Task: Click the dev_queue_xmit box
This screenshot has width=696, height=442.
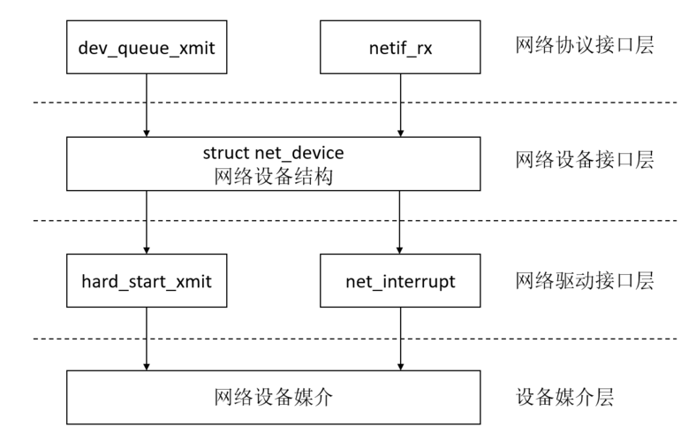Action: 147,47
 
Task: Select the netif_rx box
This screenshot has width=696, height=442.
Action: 400,47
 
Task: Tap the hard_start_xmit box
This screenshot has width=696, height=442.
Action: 147,281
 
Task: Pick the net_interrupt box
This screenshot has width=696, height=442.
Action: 400,281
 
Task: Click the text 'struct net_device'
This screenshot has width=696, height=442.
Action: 273,153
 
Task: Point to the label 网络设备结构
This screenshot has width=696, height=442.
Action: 273,176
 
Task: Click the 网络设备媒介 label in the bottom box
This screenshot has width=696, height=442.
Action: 273,397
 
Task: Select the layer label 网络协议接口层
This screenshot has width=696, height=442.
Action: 584,45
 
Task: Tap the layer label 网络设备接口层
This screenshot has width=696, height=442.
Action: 584,160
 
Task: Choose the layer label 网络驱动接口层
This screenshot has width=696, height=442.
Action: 584,281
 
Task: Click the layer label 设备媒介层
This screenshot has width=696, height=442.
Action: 564,397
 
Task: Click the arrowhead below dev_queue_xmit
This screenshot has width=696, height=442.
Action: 147,133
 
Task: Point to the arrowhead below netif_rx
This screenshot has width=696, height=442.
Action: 400,133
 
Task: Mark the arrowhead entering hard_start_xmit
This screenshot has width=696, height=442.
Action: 147,250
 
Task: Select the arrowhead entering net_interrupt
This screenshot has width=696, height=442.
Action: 399,250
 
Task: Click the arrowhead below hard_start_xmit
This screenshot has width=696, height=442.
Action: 147,367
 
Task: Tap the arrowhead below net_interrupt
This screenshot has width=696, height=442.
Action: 400,367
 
